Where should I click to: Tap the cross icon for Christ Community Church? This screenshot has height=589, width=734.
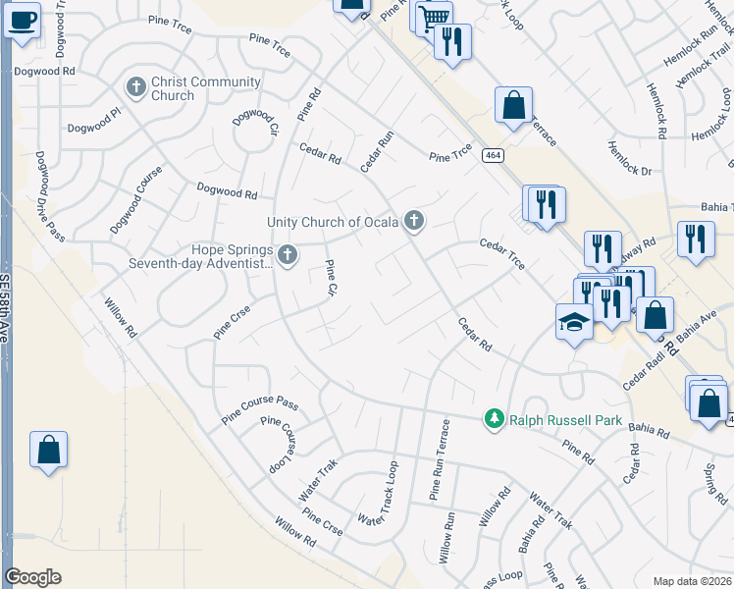point(136,88)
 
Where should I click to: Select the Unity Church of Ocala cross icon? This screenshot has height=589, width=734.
point(414,222)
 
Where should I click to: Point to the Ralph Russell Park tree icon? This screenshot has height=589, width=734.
point(495,420)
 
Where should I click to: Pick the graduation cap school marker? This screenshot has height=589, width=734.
point(573,321)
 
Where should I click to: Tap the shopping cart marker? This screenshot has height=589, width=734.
point(432,16)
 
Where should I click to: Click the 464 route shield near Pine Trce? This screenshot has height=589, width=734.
point(492,155)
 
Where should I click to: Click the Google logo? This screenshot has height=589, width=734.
point(32,577)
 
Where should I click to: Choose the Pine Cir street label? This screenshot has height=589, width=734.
point(331,278)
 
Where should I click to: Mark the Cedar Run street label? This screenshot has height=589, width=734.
point(377,152)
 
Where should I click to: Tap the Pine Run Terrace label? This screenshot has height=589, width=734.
point(438,460)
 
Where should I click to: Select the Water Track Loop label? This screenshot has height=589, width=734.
point(380,494)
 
